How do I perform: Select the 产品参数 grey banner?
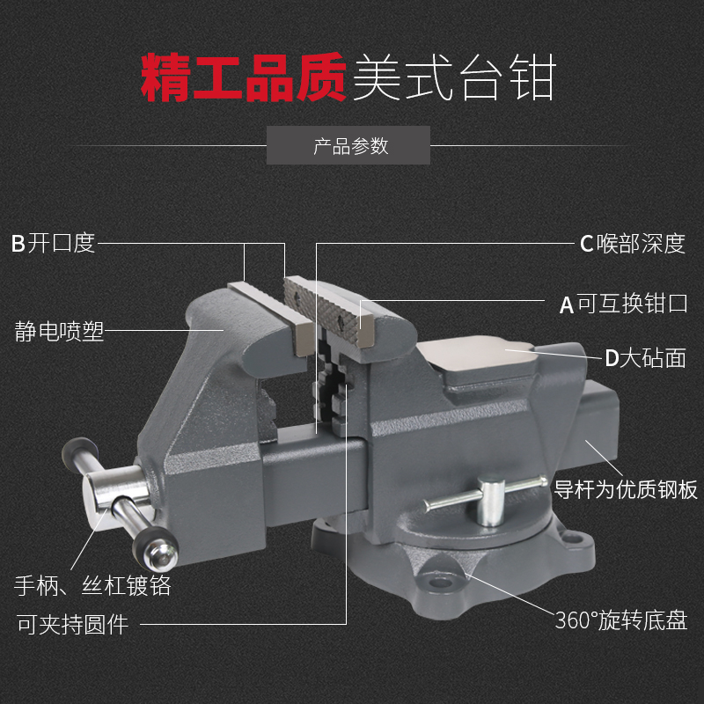(x=348, y=146)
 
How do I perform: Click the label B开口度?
(x=53, y=243)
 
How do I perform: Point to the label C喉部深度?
(x=632, y=244)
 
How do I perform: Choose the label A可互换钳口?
(x=623, y=304)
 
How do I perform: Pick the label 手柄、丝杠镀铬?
(x=92, y=584)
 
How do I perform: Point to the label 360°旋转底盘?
(x=620, y=620)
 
